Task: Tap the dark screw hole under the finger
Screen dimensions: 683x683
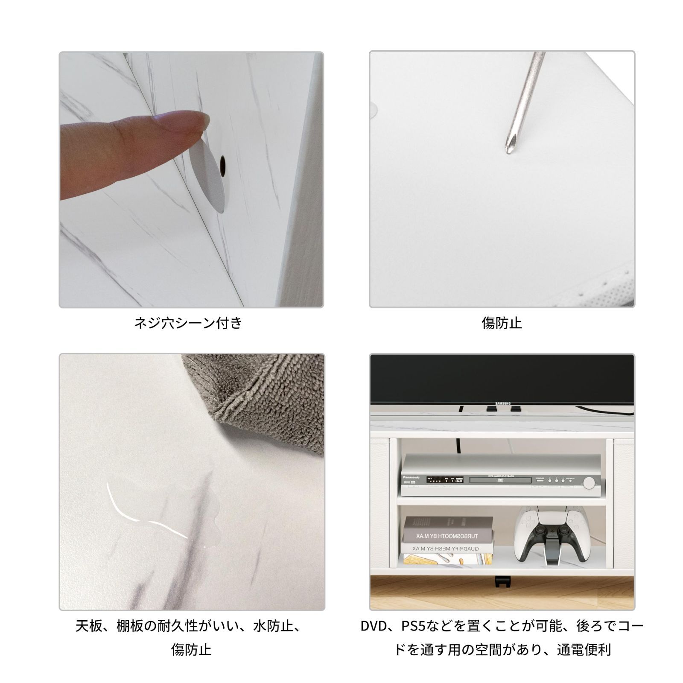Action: [x=222, y=165]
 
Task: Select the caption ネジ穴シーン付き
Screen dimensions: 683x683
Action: [x=188, y=323]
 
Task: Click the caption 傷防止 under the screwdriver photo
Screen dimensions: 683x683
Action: [x=502, y=323]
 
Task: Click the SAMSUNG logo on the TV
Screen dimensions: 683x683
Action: [x=503, y=403]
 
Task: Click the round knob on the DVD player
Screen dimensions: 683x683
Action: [x=589, y=483]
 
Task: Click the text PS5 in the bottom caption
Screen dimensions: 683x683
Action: [x=417, y=626]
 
